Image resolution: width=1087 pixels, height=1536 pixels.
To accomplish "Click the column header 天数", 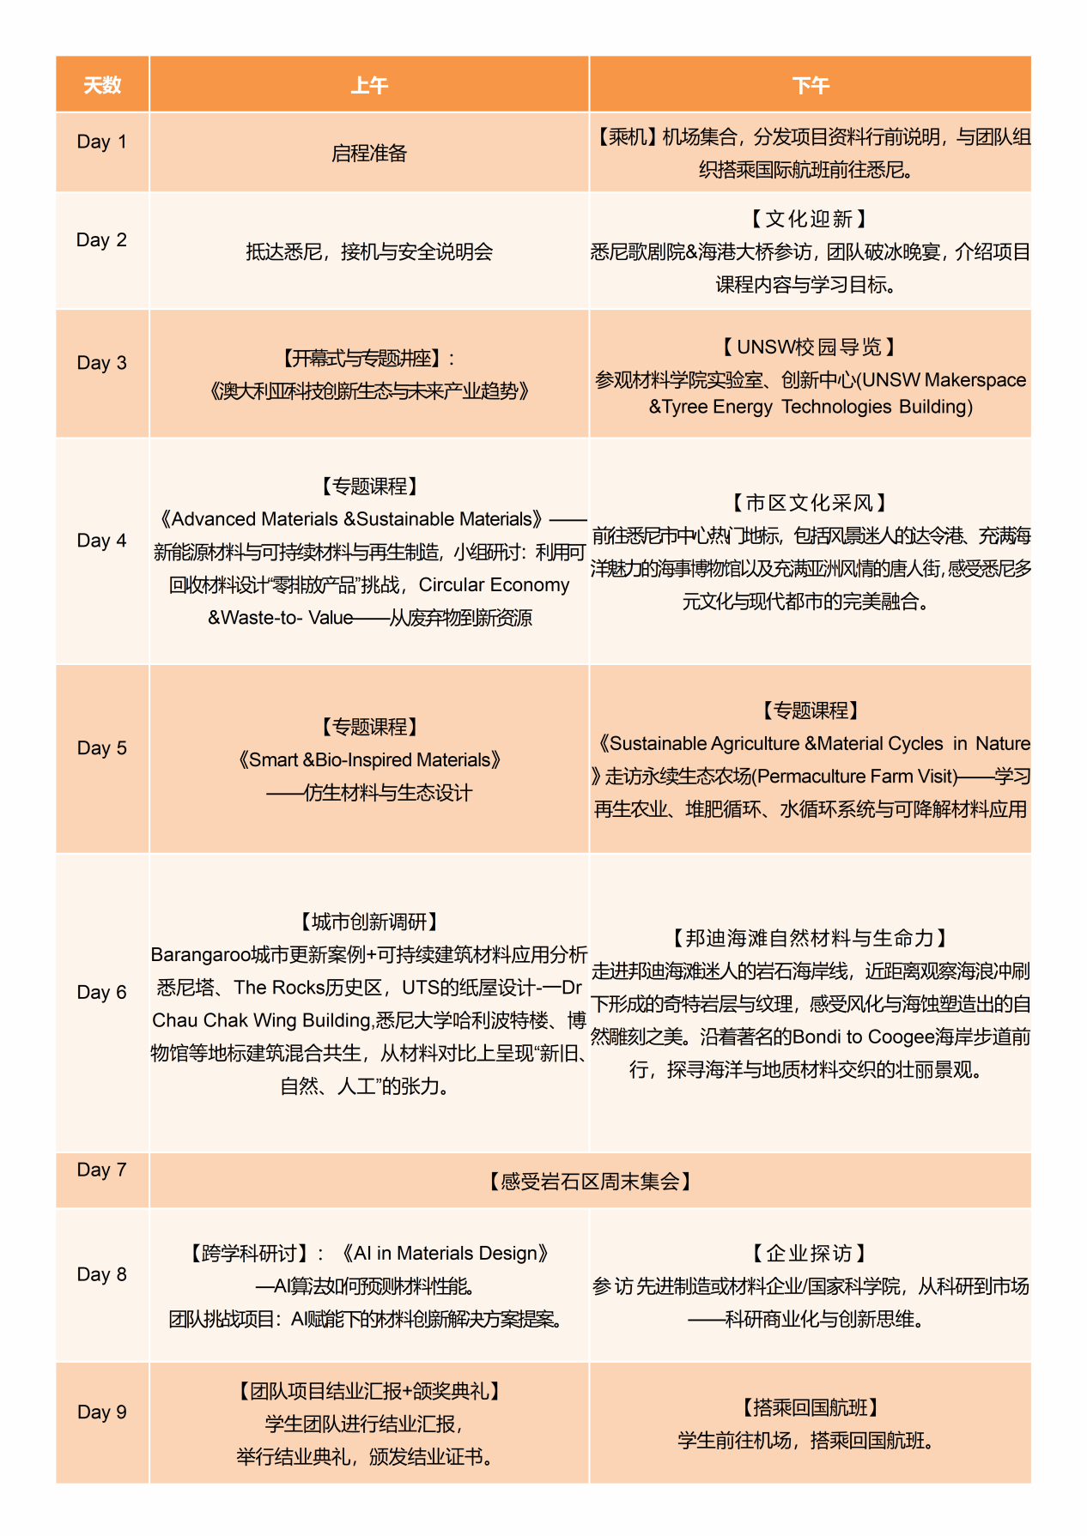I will (x=102, y=85).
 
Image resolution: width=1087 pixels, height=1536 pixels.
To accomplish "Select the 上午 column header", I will (x=369, y=85).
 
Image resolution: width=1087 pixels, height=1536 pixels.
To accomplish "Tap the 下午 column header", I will (x=810, y=85).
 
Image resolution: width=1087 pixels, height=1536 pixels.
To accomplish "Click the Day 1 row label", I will (x=101, y=142).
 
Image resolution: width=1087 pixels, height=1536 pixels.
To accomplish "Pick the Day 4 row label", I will (x=101, y=541).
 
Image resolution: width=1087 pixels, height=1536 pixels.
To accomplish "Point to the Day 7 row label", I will (x=101, y=1170).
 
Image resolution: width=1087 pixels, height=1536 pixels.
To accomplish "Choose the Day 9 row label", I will (x=101, y=1412).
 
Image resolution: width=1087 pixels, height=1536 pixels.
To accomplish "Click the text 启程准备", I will (x=369, y=154).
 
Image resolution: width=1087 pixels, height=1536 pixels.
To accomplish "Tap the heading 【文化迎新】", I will (x=809, y=220).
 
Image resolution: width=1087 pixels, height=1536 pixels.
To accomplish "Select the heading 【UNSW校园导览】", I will (x=809, y=348).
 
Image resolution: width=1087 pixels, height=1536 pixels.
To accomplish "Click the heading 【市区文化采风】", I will (x=809, y=503).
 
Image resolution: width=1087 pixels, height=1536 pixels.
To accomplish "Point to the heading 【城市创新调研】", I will (x=369, y=922).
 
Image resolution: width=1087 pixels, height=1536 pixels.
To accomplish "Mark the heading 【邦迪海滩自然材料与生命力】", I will (x=809, y=939).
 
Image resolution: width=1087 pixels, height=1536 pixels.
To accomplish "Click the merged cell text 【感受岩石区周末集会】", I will (x=590, y=1182).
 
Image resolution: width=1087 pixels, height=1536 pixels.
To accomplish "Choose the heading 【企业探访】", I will (x=809, y=1254).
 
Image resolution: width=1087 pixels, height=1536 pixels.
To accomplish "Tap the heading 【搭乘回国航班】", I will (x=809, y=1407).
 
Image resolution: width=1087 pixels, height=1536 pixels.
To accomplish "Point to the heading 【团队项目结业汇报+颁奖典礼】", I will (x=369, y=1391).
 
